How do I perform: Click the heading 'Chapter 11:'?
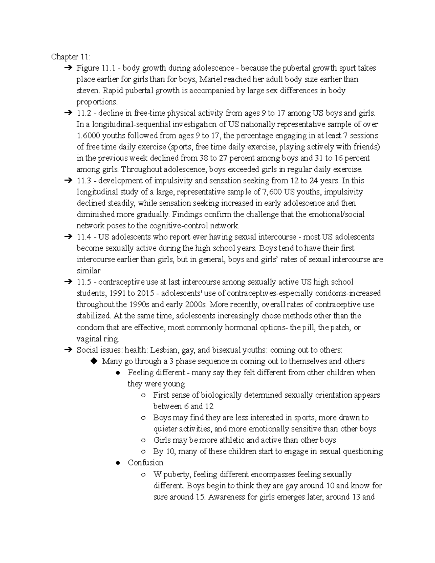tap(71, 57)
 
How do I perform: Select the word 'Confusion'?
tap(145, 463)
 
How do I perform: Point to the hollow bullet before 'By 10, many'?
tap(143, 452)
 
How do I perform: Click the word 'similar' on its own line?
tap(88, 271)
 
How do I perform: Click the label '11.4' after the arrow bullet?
tap(84, 237)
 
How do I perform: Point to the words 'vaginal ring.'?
tap(98, 339)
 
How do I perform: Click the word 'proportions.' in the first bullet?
tap(97, 102)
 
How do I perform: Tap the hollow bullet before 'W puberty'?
tap(143, 474)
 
